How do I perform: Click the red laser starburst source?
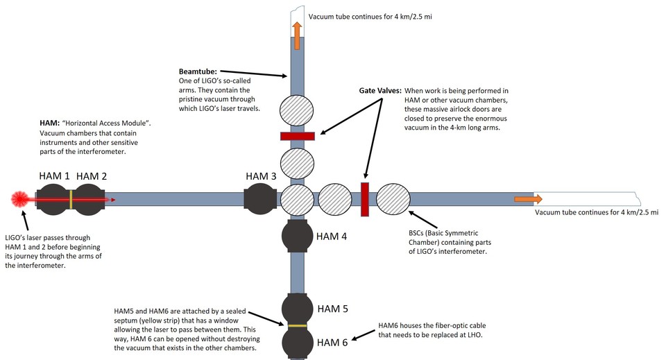[x=19, y=198]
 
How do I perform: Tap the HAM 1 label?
[x=54, y=175]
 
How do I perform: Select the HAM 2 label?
[x=92, y=175]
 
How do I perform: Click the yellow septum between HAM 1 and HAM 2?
[x=71, y=199]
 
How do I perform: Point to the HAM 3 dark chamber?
[x=260, y=198]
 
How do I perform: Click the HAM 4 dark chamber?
[x=297, y=236]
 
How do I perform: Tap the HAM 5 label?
[x=332, y=309]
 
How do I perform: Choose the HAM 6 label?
[x=332, y=342]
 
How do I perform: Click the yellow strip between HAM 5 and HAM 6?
[x=298, y=326]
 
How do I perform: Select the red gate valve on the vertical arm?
[x=298, y=136]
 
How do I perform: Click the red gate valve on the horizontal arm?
[x=364, y=200]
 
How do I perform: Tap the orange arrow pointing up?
[x=297, y=36]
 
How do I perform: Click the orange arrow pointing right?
[x=529, y=199]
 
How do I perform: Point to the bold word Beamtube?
[x=198, y=71]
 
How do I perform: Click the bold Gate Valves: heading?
[x=380, y=90]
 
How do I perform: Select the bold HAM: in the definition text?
[x=50, y=123]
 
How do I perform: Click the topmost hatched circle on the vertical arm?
[x=296, y=110]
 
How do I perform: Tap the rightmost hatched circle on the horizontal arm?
[x=393, y=198]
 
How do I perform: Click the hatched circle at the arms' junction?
[x=297, y=200]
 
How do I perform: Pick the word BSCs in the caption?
[x=418, y=233]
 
